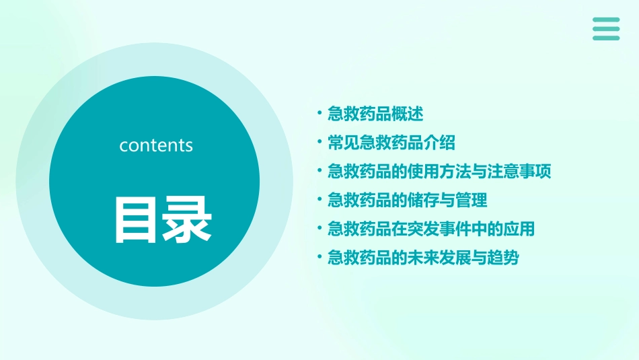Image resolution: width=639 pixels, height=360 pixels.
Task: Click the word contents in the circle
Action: point(156,145)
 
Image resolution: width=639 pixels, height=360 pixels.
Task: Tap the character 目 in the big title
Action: point(137,220)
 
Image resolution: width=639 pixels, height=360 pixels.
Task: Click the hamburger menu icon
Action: point(606,29)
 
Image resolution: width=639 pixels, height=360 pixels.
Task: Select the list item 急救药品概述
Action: point(375,114)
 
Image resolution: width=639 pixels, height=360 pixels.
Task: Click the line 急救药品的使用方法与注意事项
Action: point(439,172)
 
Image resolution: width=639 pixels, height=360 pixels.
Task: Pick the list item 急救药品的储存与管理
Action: point(407,200)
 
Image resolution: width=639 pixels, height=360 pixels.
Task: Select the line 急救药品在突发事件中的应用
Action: point(431,229)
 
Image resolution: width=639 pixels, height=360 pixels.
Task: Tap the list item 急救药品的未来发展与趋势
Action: point(423,258)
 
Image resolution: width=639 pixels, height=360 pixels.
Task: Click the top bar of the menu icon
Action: point(606,20)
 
